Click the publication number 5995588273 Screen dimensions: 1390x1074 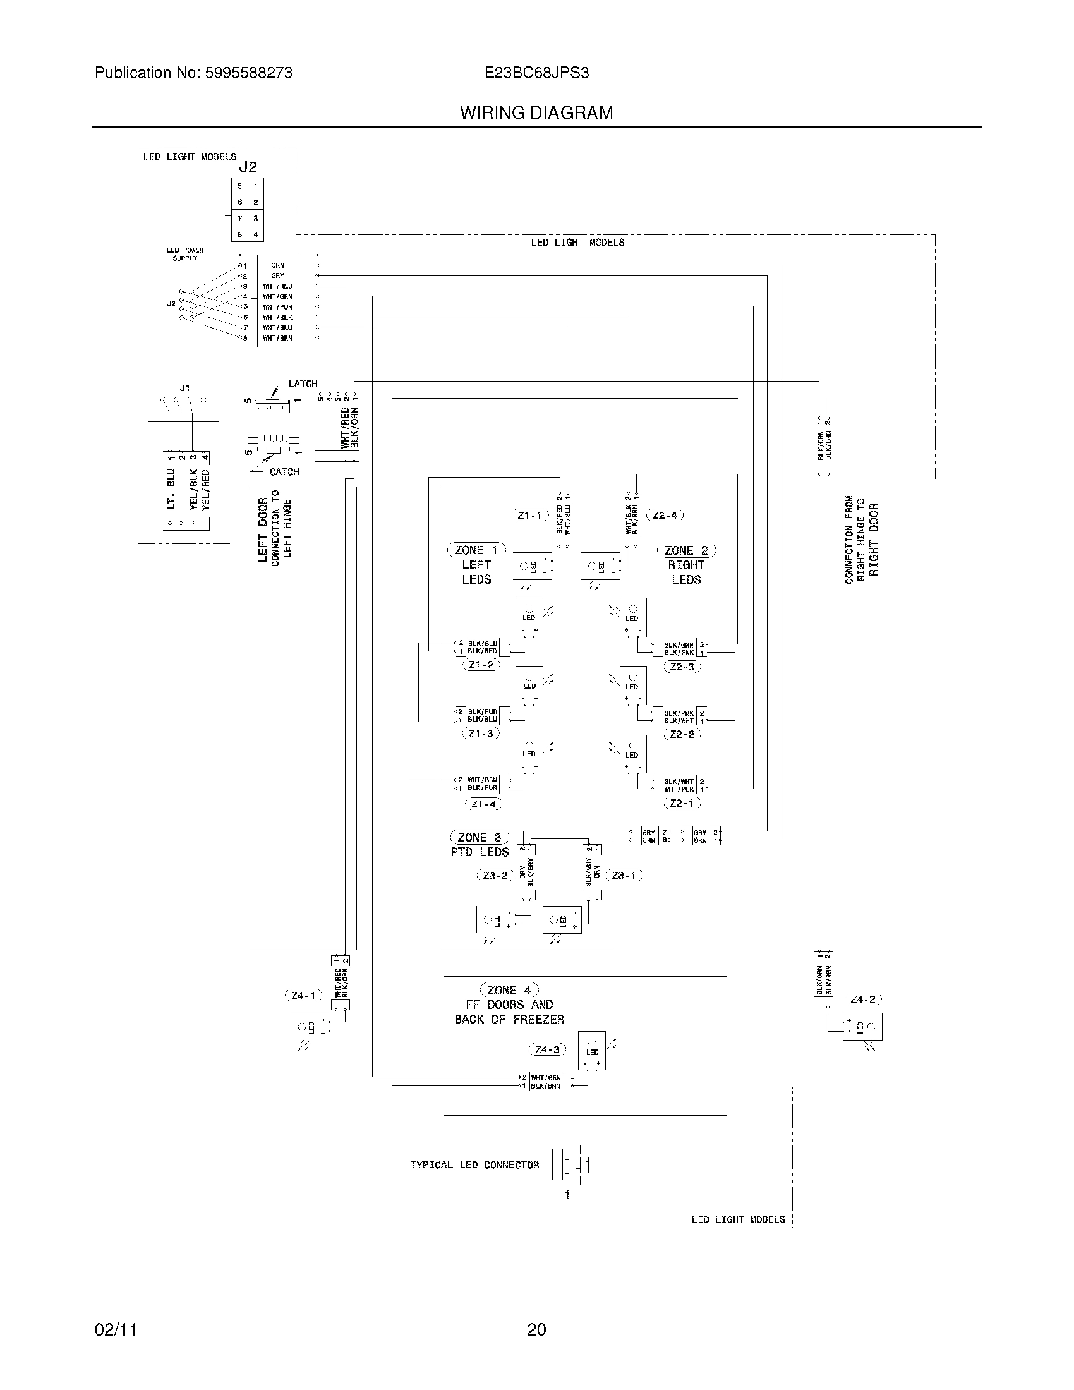coord(248,73)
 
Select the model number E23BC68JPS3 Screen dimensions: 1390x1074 coord(536,73)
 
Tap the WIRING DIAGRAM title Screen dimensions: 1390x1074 coord(536,113)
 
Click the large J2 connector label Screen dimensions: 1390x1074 coord(248,167)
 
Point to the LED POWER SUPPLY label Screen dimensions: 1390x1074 coord(185,254)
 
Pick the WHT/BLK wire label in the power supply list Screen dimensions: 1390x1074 coord(278,317)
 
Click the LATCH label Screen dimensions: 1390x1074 coord(303,384)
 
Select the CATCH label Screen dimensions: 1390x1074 coord(284,471)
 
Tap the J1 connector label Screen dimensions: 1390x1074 coord(184,387)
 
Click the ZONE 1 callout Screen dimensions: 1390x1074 coord(476,550)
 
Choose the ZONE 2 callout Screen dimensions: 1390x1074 coord(686,550)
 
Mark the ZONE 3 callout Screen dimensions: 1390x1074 coord(479,837)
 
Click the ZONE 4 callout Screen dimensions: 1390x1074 coord(509,989)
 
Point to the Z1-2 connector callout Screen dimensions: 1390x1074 coord(481,665)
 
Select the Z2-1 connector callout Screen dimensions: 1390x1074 coord(682,803)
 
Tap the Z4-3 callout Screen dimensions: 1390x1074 coord(547,1049)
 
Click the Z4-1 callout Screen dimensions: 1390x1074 coord(303,994)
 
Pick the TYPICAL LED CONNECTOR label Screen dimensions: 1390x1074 coord(474,1164)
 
